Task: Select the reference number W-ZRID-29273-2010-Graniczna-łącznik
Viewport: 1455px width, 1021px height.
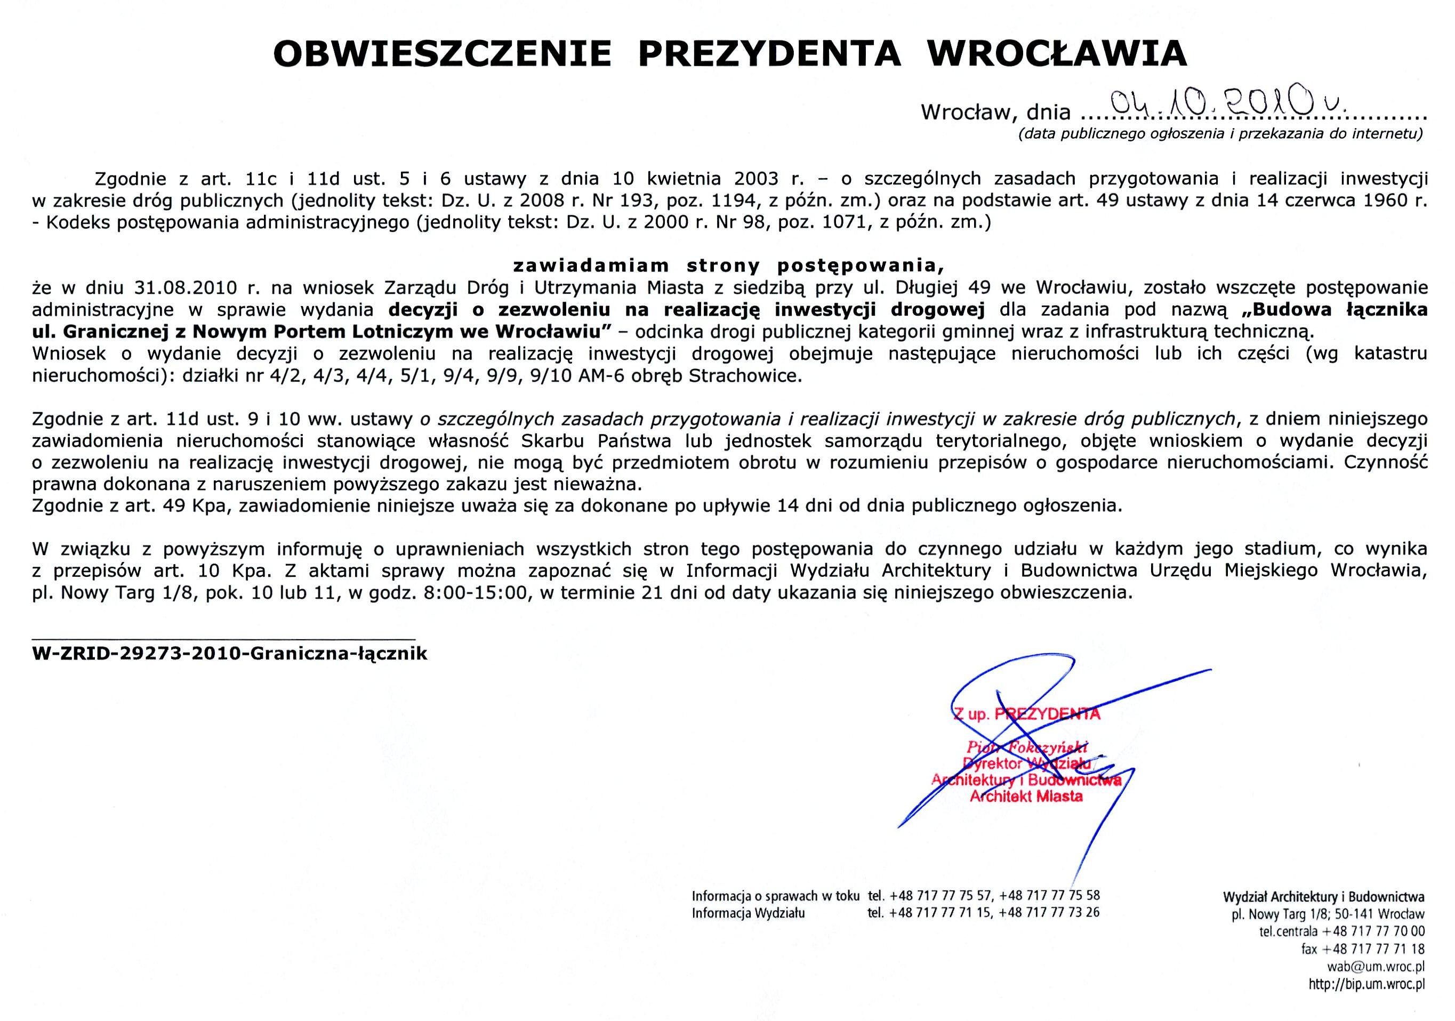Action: point(230,654)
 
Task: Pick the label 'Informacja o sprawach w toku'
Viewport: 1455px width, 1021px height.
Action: point(776,896)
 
